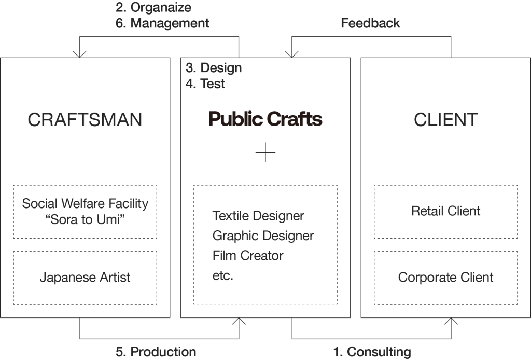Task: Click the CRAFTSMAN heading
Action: tap(85, 120)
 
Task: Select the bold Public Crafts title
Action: tap(265, 120)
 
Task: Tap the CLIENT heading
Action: tap(445, 120)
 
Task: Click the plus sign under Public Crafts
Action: tap(265, 153)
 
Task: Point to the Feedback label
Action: tap(370, 23)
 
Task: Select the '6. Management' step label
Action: tap(163, 23)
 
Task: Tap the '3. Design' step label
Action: tap(213, 68)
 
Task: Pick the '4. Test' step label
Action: tap(205, 84)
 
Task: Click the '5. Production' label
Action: tap(156, 352)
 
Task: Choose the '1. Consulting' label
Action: tap(371, 352)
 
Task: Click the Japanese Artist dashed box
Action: tap(85, 278)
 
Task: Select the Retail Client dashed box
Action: tap(445, 211)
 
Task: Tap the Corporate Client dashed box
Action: tap(445, 278)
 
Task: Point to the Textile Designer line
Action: tap(258, 215)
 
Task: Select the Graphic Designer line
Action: tap(263, 236)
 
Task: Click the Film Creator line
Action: tap(248, 256)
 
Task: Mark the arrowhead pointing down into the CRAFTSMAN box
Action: tap(80, 53)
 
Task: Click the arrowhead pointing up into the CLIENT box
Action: tap(451, 321)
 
